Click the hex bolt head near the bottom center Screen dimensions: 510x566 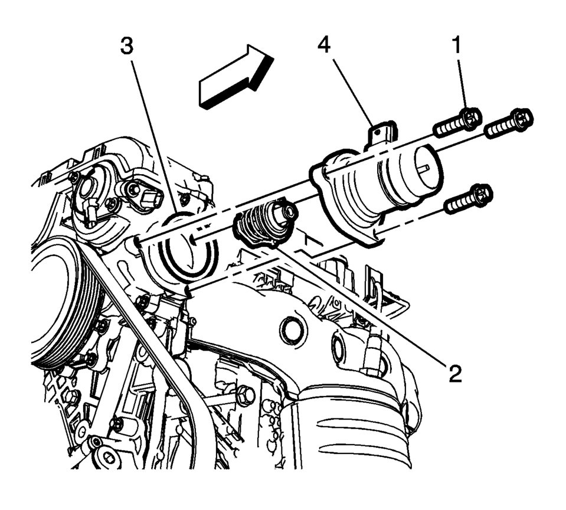point(247,392)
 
